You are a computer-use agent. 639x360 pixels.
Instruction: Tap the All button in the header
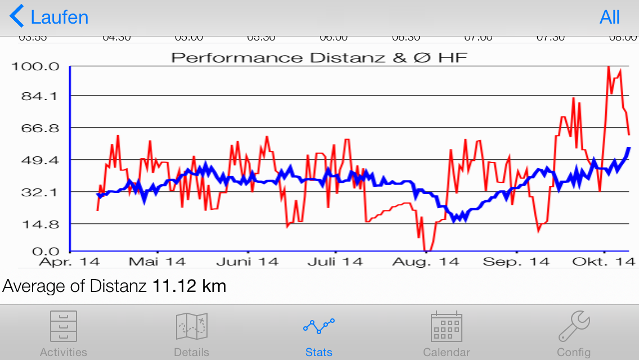[x=610, y=17]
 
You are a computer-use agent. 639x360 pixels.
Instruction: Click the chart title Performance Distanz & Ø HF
[x=319, y=57]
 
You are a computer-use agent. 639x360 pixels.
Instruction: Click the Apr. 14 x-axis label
[x=69, y=262]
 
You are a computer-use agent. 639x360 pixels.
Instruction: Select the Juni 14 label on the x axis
[x=247, y=262]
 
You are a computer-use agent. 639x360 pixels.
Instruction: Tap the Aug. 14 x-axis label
[x=425, y=262]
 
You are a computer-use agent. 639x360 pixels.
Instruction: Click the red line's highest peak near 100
[x=608, y=67]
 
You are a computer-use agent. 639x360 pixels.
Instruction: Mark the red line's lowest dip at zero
[x=428, y=250]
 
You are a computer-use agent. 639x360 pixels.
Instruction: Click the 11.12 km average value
[x=189, y=286]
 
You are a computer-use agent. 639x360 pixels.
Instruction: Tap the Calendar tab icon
[x=446, y=327]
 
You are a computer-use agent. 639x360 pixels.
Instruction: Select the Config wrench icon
[x=574, y=327]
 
